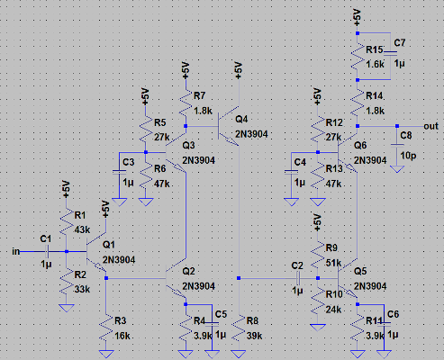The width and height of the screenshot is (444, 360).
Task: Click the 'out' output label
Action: click(430, 125)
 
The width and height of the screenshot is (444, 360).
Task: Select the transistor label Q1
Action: click(109, 244)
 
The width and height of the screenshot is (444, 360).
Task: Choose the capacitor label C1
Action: click(45, 238)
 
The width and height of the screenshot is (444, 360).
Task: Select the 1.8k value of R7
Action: click(202, 110)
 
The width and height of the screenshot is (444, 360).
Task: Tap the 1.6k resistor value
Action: click(376, 64)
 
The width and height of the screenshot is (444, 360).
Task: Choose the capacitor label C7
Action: click(400, 43)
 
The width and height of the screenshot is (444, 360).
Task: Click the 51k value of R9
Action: click(333, 263)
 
